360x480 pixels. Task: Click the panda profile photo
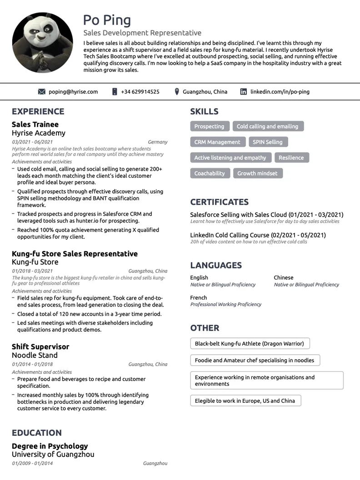[x=42, y=43]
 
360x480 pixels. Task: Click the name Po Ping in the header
[x=107, y=20]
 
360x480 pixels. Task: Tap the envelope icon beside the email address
[x=42, y=92]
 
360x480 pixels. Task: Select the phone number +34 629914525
[x=140, y=92]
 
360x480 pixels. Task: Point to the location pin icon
[x=177, y=92]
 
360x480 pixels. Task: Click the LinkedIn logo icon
[x=244, y=92]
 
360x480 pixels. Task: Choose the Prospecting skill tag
[x=209, y=127]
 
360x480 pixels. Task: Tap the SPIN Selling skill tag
[x=267, y=142]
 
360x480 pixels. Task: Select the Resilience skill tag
[x=291, y=158]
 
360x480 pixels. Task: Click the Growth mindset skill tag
[x=257, y=173]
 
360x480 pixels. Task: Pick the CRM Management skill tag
[x=217, y=142]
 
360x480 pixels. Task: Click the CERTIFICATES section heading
[x=219, y=202]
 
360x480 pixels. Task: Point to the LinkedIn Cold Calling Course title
[x=258, y=235]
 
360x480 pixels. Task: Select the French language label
[x=199, y=298]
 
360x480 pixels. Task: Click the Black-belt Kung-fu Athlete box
[x=250, y=344]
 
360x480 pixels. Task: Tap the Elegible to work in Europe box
[x=245, y=401]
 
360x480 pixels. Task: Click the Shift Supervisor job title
[x=40, y=346]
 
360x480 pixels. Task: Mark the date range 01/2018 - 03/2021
[x=32, y=271]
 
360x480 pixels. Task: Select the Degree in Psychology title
[x=50, y=446]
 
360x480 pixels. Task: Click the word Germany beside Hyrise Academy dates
[x=158, y=142]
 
